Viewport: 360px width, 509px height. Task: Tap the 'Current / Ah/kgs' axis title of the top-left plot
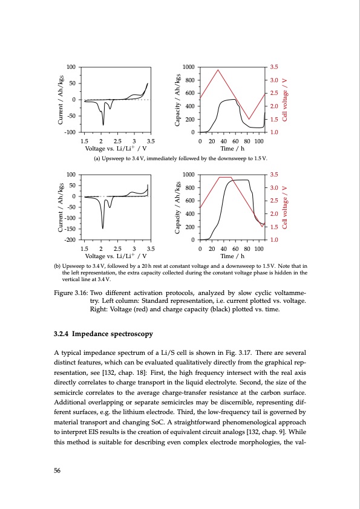coord(60,99)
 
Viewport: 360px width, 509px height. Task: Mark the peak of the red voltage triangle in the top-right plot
coord(218,70)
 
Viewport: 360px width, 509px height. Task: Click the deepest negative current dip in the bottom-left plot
coord(103,228)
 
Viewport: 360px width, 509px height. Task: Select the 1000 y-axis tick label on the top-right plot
coord(188,67)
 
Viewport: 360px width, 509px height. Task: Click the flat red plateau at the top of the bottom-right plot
coord(224,177)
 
